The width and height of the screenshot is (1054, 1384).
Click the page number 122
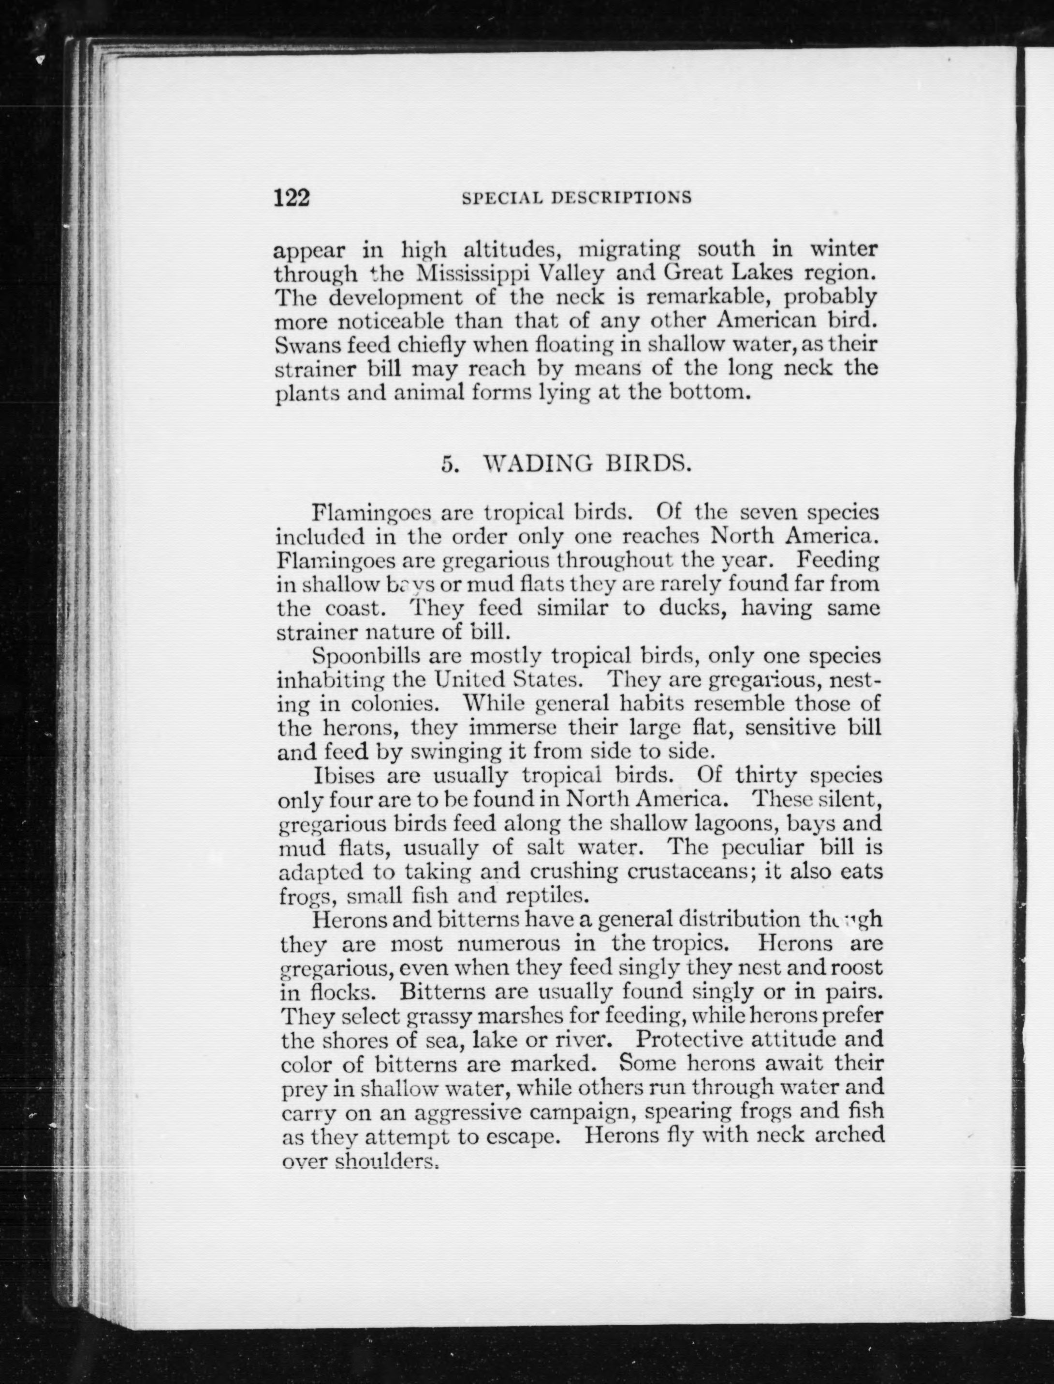coord(293,198)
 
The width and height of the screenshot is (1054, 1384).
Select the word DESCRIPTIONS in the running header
coord(621,198)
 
